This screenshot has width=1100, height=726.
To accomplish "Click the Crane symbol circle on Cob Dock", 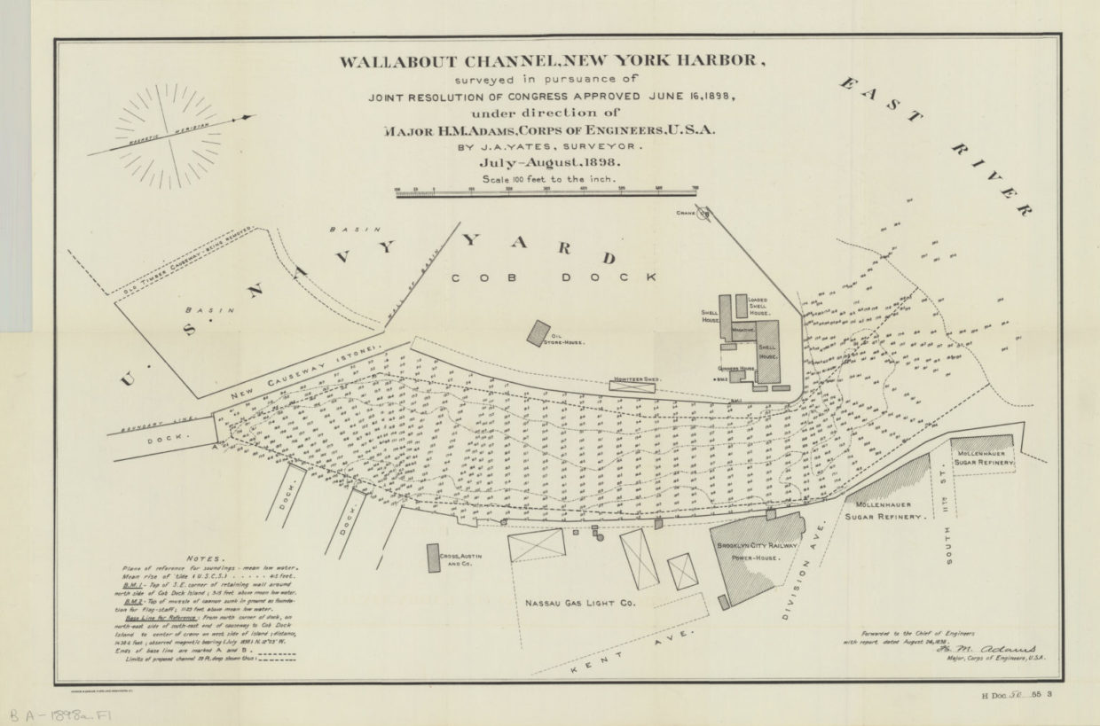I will [x=703, y=213].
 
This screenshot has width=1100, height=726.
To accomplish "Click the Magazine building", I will [x=742, y=329].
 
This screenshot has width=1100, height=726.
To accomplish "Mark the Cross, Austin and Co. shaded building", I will [x=434, y=558].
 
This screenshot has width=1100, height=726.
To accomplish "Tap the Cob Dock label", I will [x=554, y=277].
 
